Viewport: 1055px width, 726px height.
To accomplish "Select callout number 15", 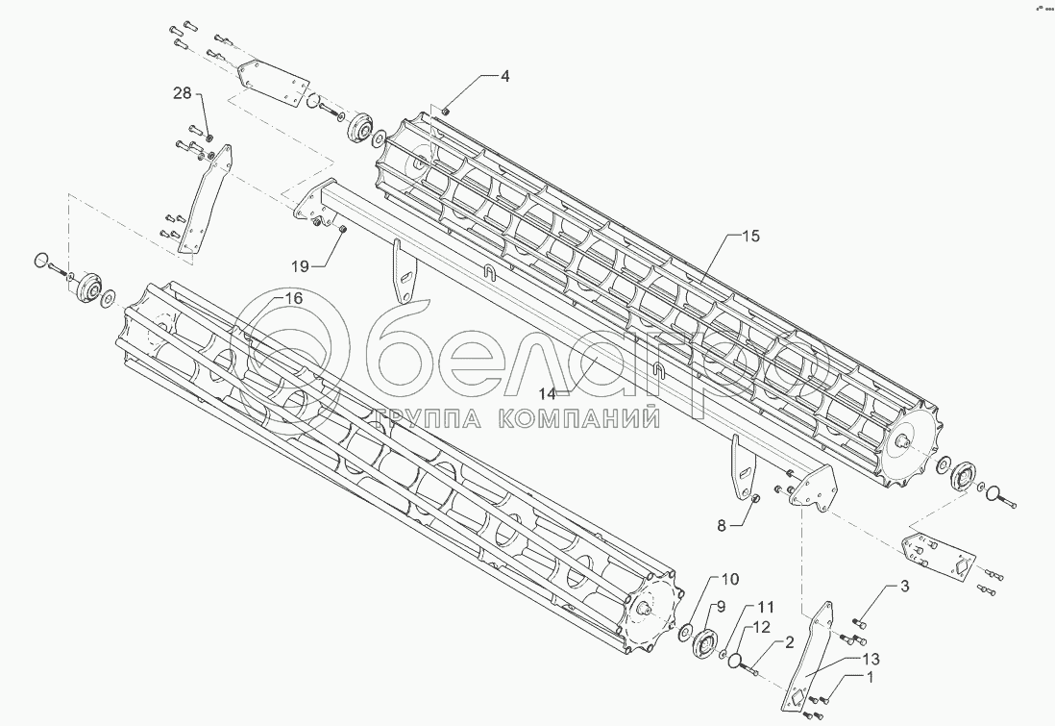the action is pos(749,237).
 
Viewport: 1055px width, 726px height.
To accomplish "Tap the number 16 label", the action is pos(293,299).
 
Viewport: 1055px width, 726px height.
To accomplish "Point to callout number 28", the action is pos(182,93).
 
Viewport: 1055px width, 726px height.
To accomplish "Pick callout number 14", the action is pos(548,393).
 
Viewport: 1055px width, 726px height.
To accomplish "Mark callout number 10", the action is pos(730,579).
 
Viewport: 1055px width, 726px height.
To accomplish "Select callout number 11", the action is pos(765,607).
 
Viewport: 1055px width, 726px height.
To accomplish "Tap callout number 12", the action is pos(761,627).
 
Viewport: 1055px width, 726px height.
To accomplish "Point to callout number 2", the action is pos(787,641).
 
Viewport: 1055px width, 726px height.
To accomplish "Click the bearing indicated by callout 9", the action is pos(709,640).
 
